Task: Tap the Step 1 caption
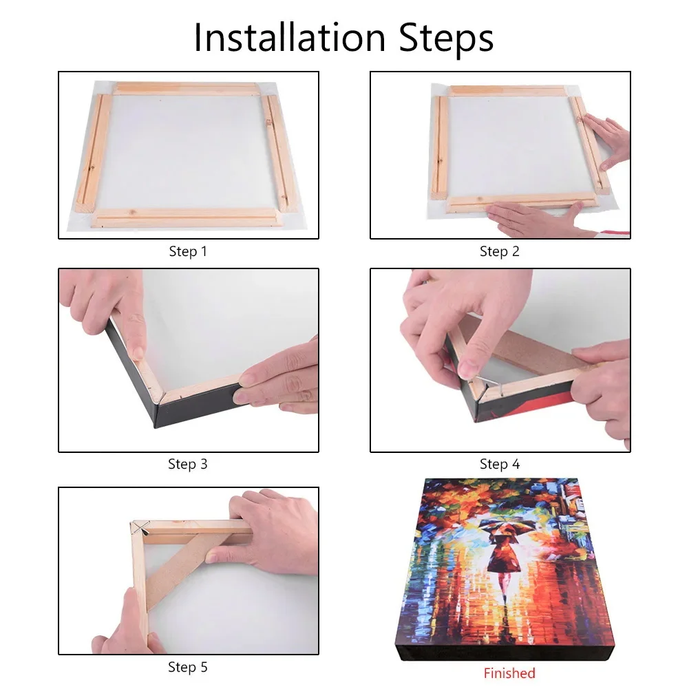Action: (x=188, y=252)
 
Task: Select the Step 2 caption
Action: (x=499, y=252)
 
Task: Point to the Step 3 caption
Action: (x=188, y=465)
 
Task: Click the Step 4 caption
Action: (x=499, y=465)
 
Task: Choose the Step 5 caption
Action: (x=188, y=668)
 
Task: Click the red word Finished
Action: (x=509, y=673)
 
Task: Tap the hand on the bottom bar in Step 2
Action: (x=530, y=219)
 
